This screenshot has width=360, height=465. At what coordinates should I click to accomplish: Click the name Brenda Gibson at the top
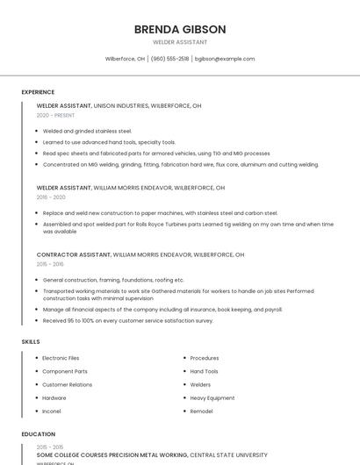click(x=180, y=29)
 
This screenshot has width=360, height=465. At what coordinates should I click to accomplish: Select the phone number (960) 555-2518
click(x=169, y=59)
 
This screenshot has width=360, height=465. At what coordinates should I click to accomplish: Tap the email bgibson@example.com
click(x=225, y=59)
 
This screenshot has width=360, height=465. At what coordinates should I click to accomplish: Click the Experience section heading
click(x=38, y=92)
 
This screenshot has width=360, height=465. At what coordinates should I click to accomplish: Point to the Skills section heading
click(x=31, y=341)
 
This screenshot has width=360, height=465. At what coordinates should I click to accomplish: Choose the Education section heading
click(x=38, y=434)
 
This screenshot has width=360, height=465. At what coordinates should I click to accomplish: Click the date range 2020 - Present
click(x=55, y=115)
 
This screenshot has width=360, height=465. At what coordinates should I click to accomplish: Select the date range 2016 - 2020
click(x=51, y=197)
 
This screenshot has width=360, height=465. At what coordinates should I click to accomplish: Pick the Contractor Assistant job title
click(x=74, y=254)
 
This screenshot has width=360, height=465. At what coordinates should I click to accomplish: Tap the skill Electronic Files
click(x=61, y=358)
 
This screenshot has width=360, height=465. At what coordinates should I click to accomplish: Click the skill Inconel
click(x=53, y=411)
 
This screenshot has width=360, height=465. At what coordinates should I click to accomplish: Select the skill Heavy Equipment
click(x=212, y=397)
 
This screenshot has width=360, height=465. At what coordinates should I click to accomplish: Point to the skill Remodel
click(x=201, y=411)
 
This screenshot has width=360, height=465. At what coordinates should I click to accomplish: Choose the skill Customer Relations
click(x=67, y=384)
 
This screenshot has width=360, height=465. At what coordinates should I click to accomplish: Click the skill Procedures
click(x=205, y=358)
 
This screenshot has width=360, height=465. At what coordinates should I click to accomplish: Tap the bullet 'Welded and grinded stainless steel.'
click(x=87, y=131)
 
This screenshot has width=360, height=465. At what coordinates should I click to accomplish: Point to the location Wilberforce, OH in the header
click(x=126, y=59)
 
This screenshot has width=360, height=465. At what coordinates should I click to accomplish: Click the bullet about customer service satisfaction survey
click(x=127, y=320)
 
